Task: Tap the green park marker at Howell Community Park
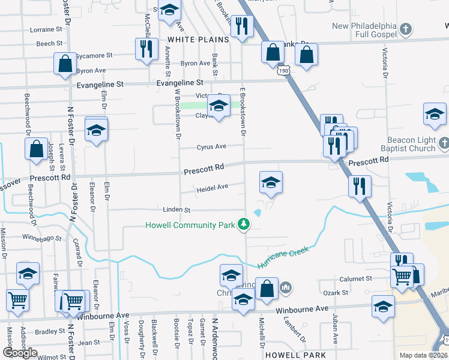coord(244,225)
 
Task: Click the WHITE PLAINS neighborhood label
coord(198,39)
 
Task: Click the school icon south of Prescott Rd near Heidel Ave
coord(271,182)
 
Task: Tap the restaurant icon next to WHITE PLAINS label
coord(242,26)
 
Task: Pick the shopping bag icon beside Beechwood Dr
coord(36,148)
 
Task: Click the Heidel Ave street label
coord(212,187)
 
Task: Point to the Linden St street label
coord(176,210)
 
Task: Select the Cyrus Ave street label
coord(211,146)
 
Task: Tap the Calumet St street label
coord(357,279)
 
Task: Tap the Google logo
coord(20,353)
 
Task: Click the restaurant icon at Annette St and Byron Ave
coord(145,49)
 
